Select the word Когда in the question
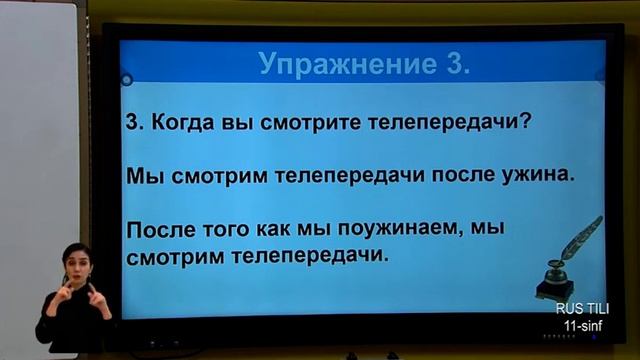(182, 125)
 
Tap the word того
(232, 230)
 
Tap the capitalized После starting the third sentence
(163, 230)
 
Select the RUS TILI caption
(582, 309)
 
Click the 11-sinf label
(584, 326)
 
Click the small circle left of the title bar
(127, 80)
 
